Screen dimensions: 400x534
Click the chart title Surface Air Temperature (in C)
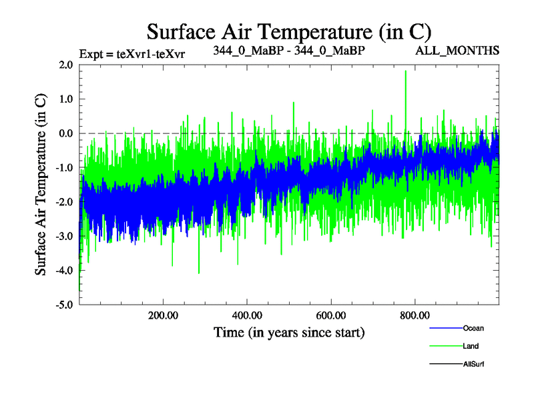[289, 31]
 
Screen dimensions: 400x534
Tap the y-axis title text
[41, 184]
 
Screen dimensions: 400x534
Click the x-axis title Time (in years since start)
[289, 331]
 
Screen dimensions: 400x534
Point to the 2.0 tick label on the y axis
[65, 65]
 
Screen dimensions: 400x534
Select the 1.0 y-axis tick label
[65, 99]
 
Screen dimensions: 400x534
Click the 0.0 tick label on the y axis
[65, 133]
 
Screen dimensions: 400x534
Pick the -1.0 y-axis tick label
[64, 167]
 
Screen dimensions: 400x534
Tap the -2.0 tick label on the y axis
[64, 201]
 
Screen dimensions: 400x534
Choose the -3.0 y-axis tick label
[64, 236]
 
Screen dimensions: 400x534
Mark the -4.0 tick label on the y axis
[64, 270]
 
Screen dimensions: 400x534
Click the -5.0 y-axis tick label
[64, 305]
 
